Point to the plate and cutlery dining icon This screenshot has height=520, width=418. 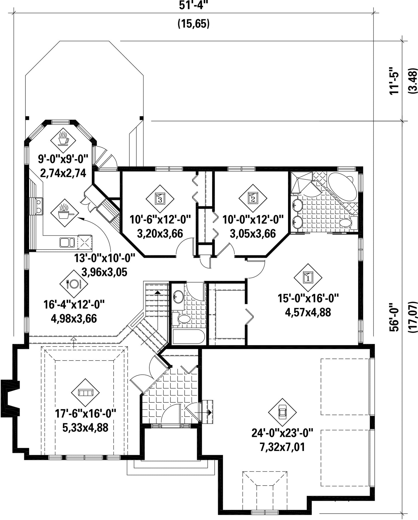[x=74, y=284]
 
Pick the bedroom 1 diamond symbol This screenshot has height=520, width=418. [x=308, y=278]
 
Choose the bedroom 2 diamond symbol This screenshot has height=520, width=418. [x=253, y=198]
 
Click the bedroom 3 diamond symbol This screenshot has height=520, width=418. [x=160, y=198]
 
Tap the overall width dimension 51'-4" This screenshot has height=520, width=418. [x=193, y=6]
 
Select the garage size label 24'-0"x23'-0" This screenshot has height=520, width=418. [x=283, y=433]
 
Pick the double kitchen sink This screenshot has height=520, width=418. [x=67, y=242]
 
